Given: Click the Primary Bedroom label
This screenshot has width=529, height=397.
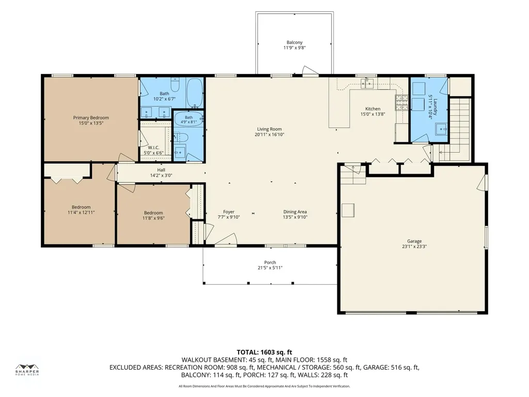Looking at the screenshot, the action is [x=91, y=118].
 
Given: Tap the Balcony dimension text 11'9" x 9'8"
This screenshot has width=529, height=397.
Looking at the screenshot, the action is [x=294, y=48].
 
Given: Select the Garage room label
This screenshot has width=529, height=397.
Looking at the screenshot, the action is [x=414, y=241].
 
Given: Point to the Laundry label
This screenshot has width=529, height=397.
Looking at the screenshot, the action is [x=435, y=106].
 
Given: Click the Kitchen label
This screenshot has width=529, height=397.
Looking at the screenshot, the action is [x=373, y=109].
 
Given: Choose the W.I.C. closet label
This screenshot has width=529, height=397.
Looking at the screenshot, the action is [x=153, y=147].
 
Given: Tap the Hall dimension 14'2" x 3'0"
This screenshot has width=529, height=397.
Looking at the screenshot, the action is [x=161, y=176].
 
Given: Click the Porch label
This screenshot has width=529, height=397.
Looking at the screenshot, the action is [x=270, y=262].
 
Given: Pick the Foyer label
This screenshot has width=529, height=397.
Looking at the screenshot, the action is [x=229, y=211].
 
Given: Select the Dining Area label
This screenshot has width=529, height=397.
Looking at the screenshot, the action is [x=295, y=211].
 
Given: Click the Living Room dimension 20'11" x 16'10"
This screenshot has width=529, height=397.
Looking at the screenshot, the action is [x=270, y=134].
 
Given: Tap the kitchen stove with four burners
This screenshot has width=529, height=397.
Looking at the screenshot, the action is [x=401, y=103].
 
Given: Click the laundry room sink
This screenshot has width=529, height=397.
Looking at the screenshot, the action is [x=441, y=129].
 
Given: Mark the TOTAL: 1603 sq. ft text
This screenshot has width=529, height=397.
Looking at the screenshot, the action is [x=264, y=353].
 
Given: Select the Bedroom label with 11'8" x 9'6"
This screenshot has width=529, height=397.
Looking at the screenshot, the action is [x=153, y=212].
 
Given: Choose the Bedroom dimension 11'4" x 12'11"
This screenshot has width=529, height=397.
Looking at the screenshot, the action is [x=81, y=212].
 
